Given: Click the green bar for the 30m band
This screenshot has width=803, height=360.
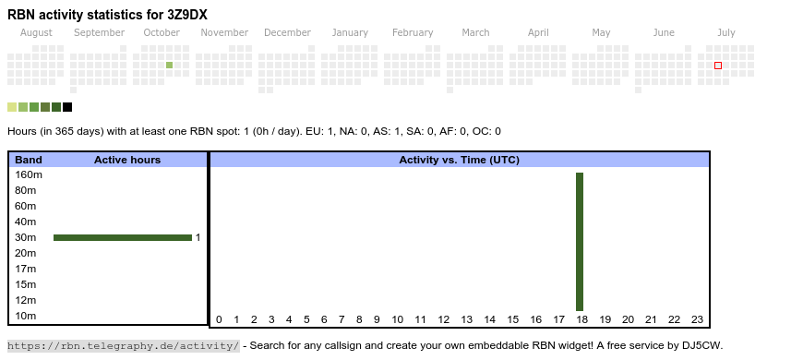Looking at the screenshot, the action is pyautogui.click(x=123, y=237).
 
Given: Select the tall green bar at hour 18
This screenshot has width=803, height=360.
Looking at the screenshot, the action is pyautogui.click(x=580, y=242).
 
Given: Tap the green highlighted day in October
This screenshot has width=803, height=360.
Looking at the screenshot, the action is pyautogui.click(x=170, y=65).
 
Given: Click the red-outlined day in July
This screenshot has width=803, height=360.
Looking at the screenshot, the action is pyautogui.click(x=718, y=66).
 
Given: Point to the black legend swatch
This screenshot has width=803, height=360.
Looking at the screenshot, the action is pyautogui.click(x=67, y=107).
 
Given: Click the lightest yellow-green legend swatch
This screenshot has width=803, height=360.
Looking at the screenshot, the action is pyautogui.click(x=12, y=107).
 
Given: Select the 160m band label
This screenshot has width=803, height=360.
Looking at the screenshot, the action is pyautogui.click(x=29, y=175).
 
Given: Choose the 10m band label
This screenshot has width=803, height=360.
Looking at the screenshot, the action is pyautogui.click(x=26, y=316).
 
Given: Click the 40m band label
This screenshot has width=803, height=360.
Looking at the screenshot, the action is pyautogui.click(x=26, y=222).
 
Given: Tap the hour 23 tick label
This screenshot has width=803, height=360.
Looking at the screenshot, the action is pyautogui.click(x=698, y=319).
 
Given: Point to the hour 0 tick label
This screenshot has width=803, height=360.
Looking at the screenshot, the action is pyautogui.click(x=219, y=319).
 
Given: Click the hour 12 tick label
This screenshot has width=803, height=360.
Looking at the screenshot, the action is pyautogui.click(x=443, y=319).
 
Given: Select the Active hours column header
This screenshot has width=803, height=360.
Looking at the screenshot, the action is pyautogui.click(x=127, y=160).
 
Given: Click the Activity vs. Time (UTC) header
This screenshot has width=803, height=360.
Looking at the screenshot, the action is pyautogui.click(x=460, y=160).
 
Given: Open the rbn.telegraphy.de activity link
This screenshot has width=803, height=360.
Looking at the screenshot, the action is pyautogui.click(x=124, y=345).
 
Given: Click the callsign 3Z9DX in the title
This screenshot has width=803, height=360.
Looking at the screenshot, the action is pyautogui.click(x=187, y=15).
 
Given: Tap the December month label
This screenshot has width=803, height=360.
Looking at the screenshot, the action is pyautogui.click(x=287, y=33).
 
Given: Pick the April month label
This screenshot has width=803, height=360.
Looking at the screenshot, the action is pyautogui.click(x=538, y=33).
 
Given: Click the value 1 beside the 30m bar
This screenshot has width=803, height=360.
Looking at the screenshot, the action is pyautogui.click(x=198, y=237).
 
